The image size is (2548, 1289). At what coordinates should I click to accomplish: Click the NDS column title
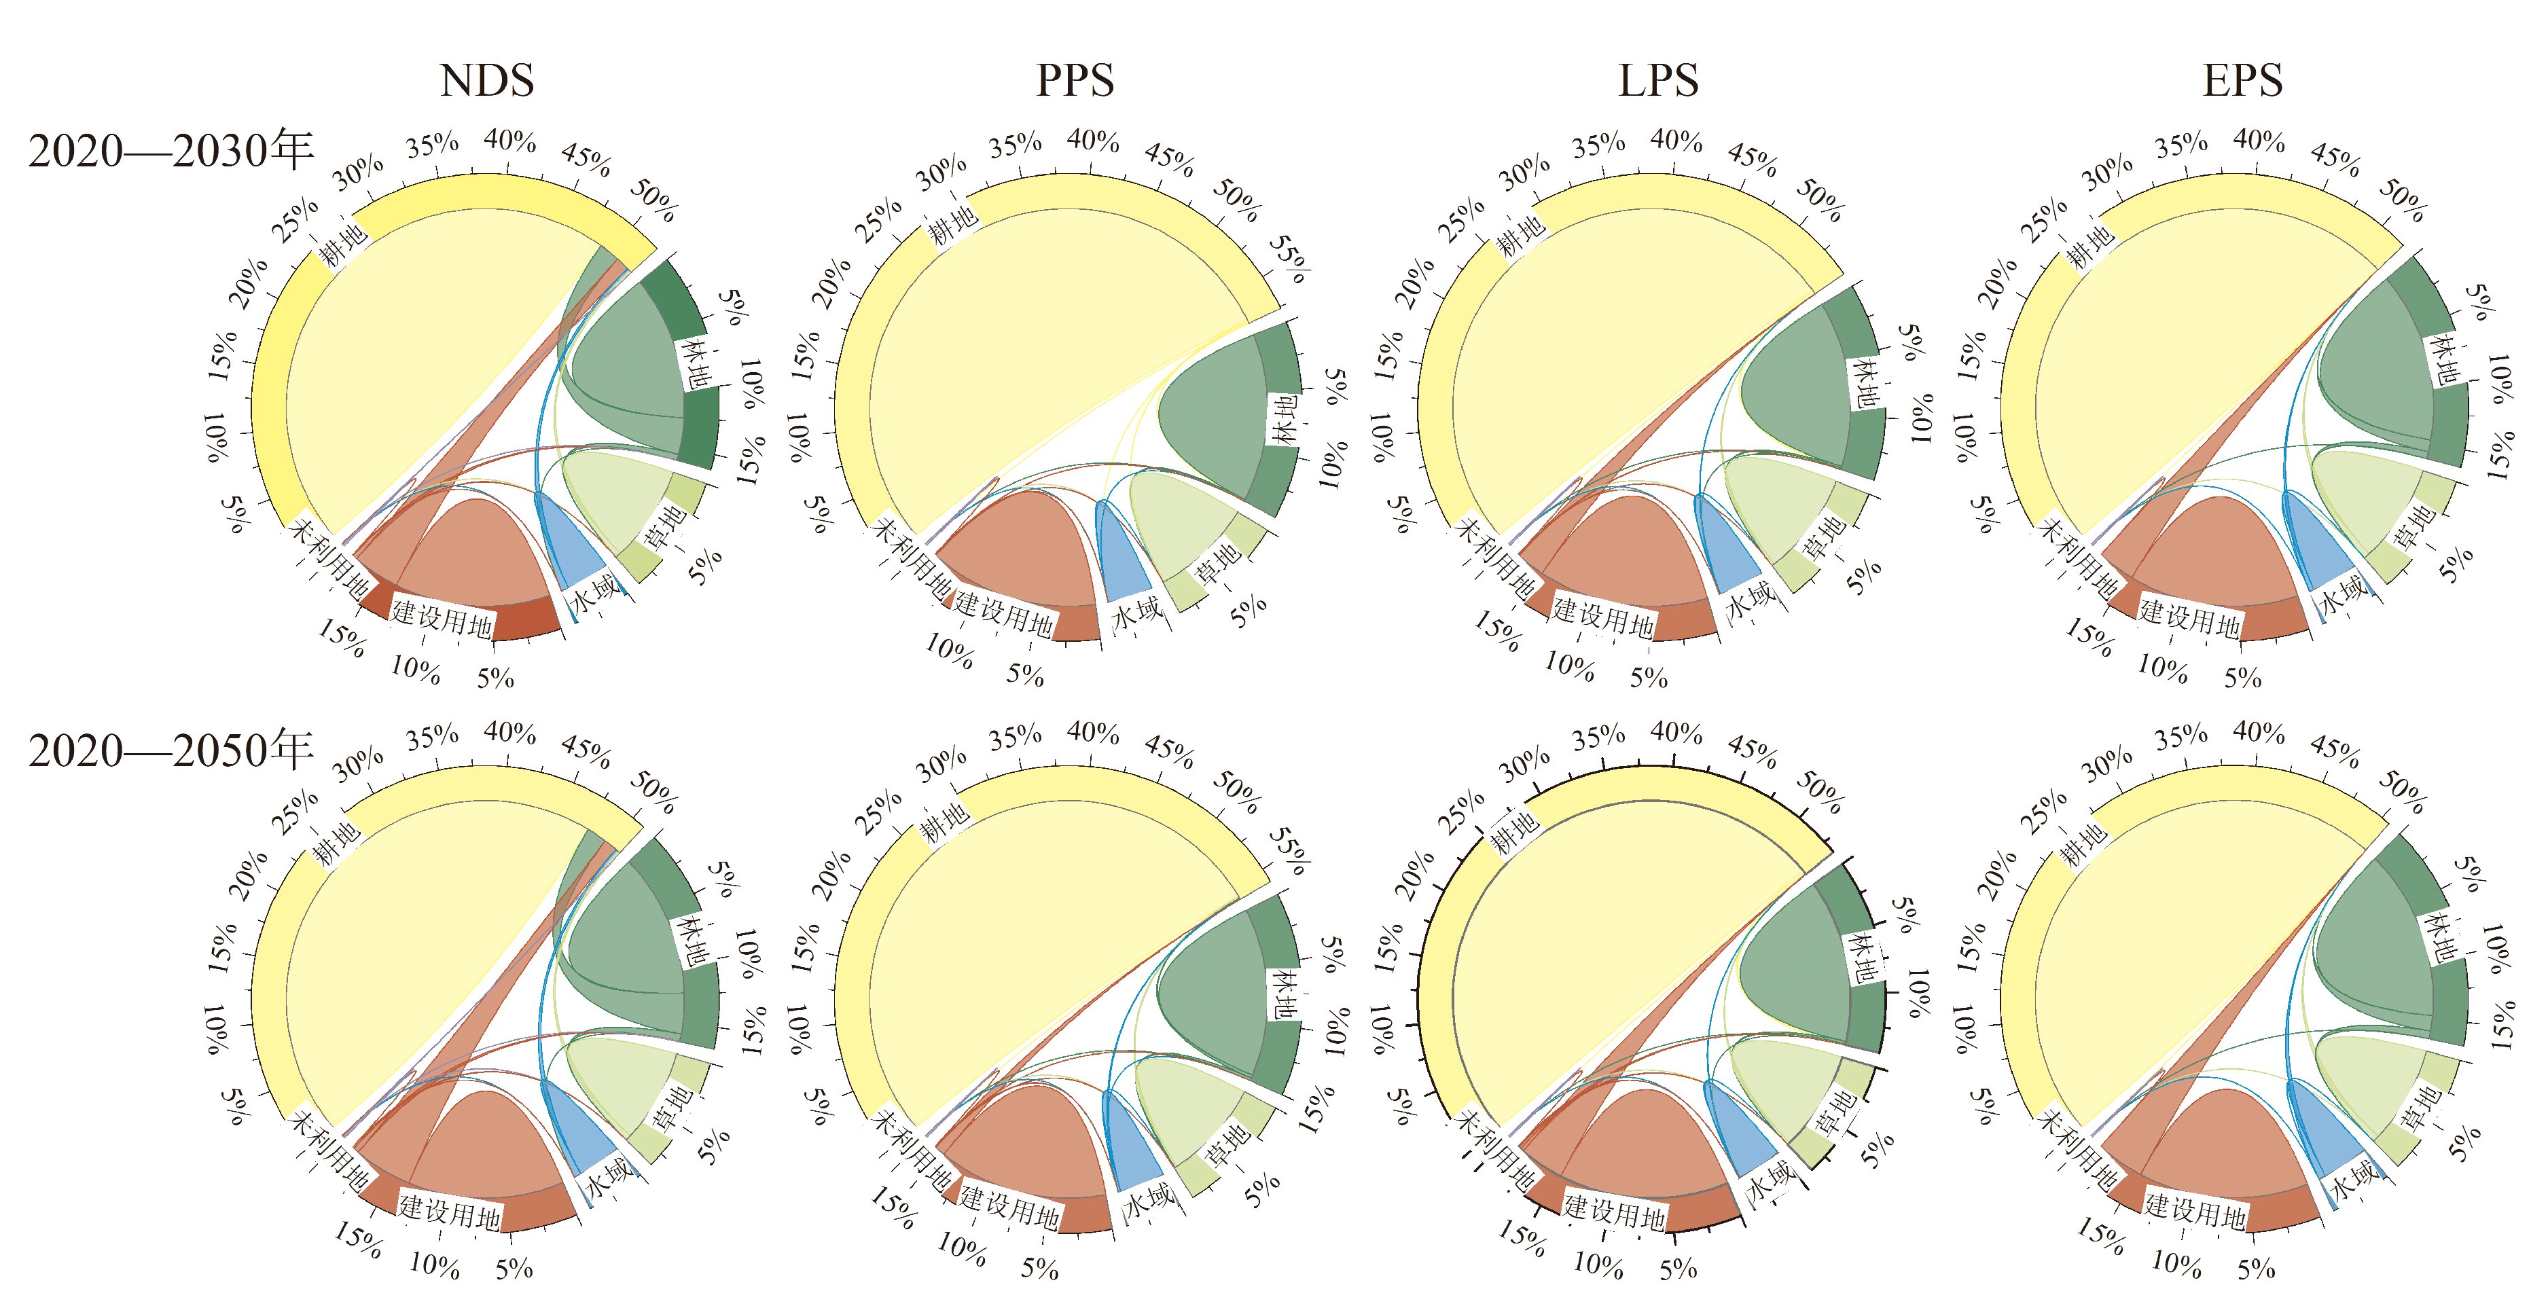486,80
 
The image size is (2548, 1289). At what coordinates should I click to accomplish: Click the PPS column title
1074,80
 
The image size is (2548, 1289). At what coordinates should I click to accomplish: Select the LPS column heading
1657,80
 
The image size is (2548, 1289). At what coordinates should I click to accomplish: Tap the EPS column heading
2242,80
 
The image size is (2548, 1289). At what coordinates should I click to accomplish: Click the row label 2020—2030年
170,150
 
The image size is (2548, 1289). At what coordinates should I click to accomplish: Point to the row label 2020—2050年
170,749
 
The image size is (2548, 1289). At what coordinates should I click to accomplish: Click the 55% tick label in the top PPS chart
1289,259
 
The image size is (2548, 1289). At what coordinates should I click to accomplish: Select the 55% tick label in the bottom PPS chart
1289,852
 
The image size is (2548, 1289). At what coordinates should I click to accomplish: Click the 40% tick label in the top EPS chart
2258,141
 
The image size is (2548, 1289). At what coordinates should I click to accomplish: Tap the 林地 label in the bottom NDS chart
692,941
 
